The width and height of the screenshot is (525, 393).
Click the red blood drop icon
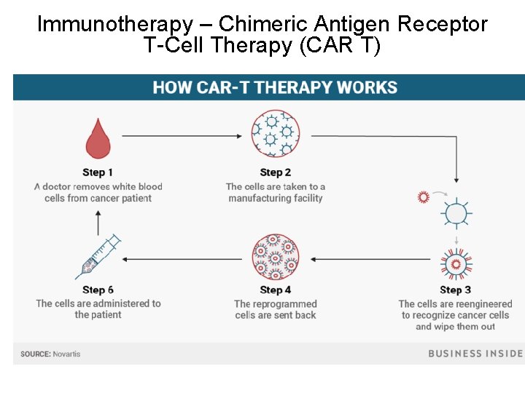tap(98, 139)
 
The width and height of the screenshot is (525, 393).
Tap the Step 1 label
tap(98, 172)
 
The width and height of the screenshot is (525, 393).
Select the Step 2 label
tap(276, 172)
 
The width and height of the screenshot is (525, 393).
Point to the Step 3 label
tap(455, 290)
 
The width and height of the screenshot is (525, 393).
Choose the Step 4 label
tap(276, 290)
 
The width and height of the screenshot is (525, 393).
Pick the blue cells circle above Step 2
tap(276, 135)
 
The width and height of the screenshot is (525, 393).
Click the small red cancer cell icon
tap(423, 197)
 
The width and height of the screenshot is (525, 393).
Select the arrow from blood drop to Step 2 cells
tap(182, 135)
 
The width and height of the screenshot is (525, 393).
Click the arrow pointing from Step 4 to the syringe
tap(182, 259)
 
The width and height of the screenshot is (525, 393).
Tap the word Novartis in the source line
tap(67, 354)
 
